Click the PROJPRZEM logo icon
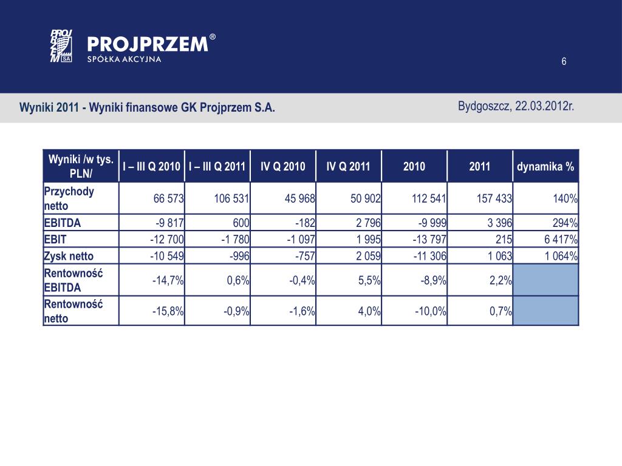point(61,46)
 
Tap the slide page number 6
point(564,61)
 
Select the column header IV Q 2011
point(348,166)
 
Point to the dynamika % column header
point(545,166)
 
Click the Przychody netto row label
point(69,198)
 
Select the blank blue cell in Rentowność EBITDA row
point(545,280)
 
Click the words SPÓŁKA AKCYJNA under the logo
point(125,59)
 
